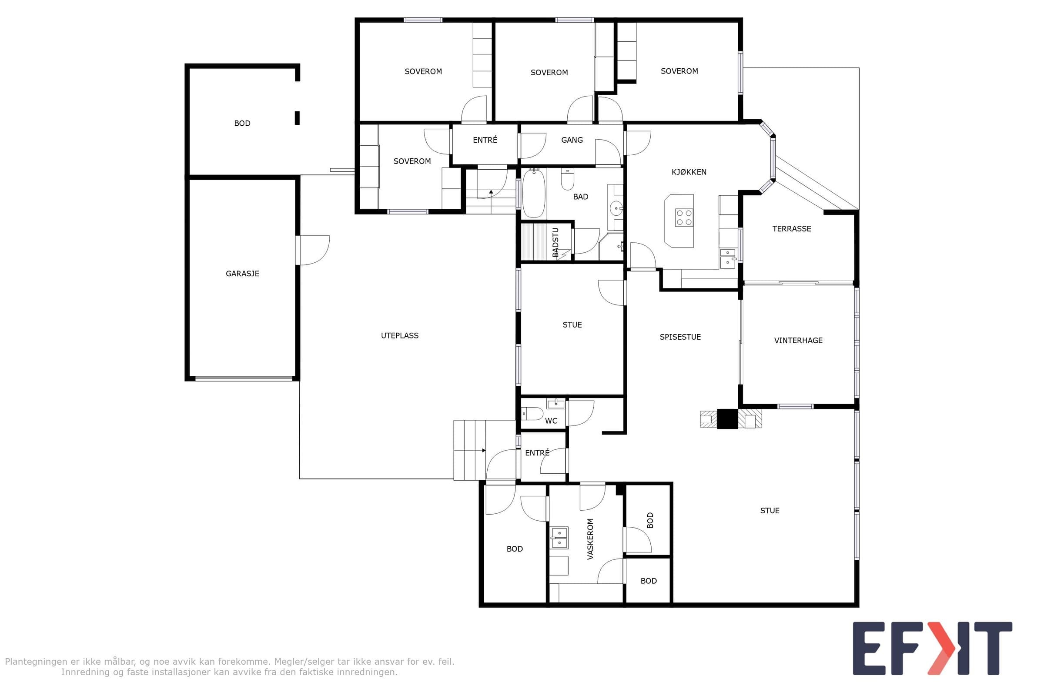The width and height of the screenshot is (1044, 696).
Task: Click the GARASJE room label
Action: click(x=242, y=274)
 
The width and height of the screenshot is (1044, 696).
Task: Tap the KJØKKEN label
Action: click(x=689, y=172)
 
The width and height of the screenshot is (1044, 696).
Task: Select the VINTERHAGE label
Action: click(x=798, y=341)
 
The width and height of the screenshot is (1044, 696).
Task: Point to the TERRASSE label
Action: click(x=791, y=229)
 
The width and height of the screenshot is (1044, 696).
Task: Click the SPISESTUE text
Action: click(x=680, y=337)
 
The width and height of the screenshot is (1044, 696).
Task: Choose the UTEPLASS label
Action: click(x=399, y=335)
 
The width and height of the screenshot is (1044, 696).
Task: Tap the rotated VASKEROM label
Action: click(x=590, y=539)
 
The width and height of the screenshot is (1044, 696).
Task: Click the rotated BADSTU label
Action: click(x=555, y=242)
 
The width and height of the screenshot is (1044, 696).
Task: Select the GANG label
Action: click(x=572, y=140)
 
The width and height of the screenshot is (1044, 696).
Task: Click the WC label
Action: click(x=551, y=421)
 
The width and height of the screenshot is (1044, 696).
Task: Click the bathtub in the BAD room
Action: click(x=534, y=194)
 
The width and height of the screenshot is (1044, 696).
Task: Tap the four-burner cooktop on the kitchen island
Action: click(x=683, y=217)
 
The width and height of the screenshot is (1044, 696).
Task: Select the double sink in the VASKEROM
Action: click(x=559, y=538)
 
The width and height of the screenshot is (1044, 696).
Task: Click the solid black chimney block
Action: click(x=727, y=418)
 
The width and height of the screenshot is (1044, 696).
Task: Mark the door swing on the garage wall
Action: click(x=314, y=251)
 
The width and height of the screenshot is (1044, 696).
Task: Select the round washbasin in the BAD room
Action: click(x=616, y=208)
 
